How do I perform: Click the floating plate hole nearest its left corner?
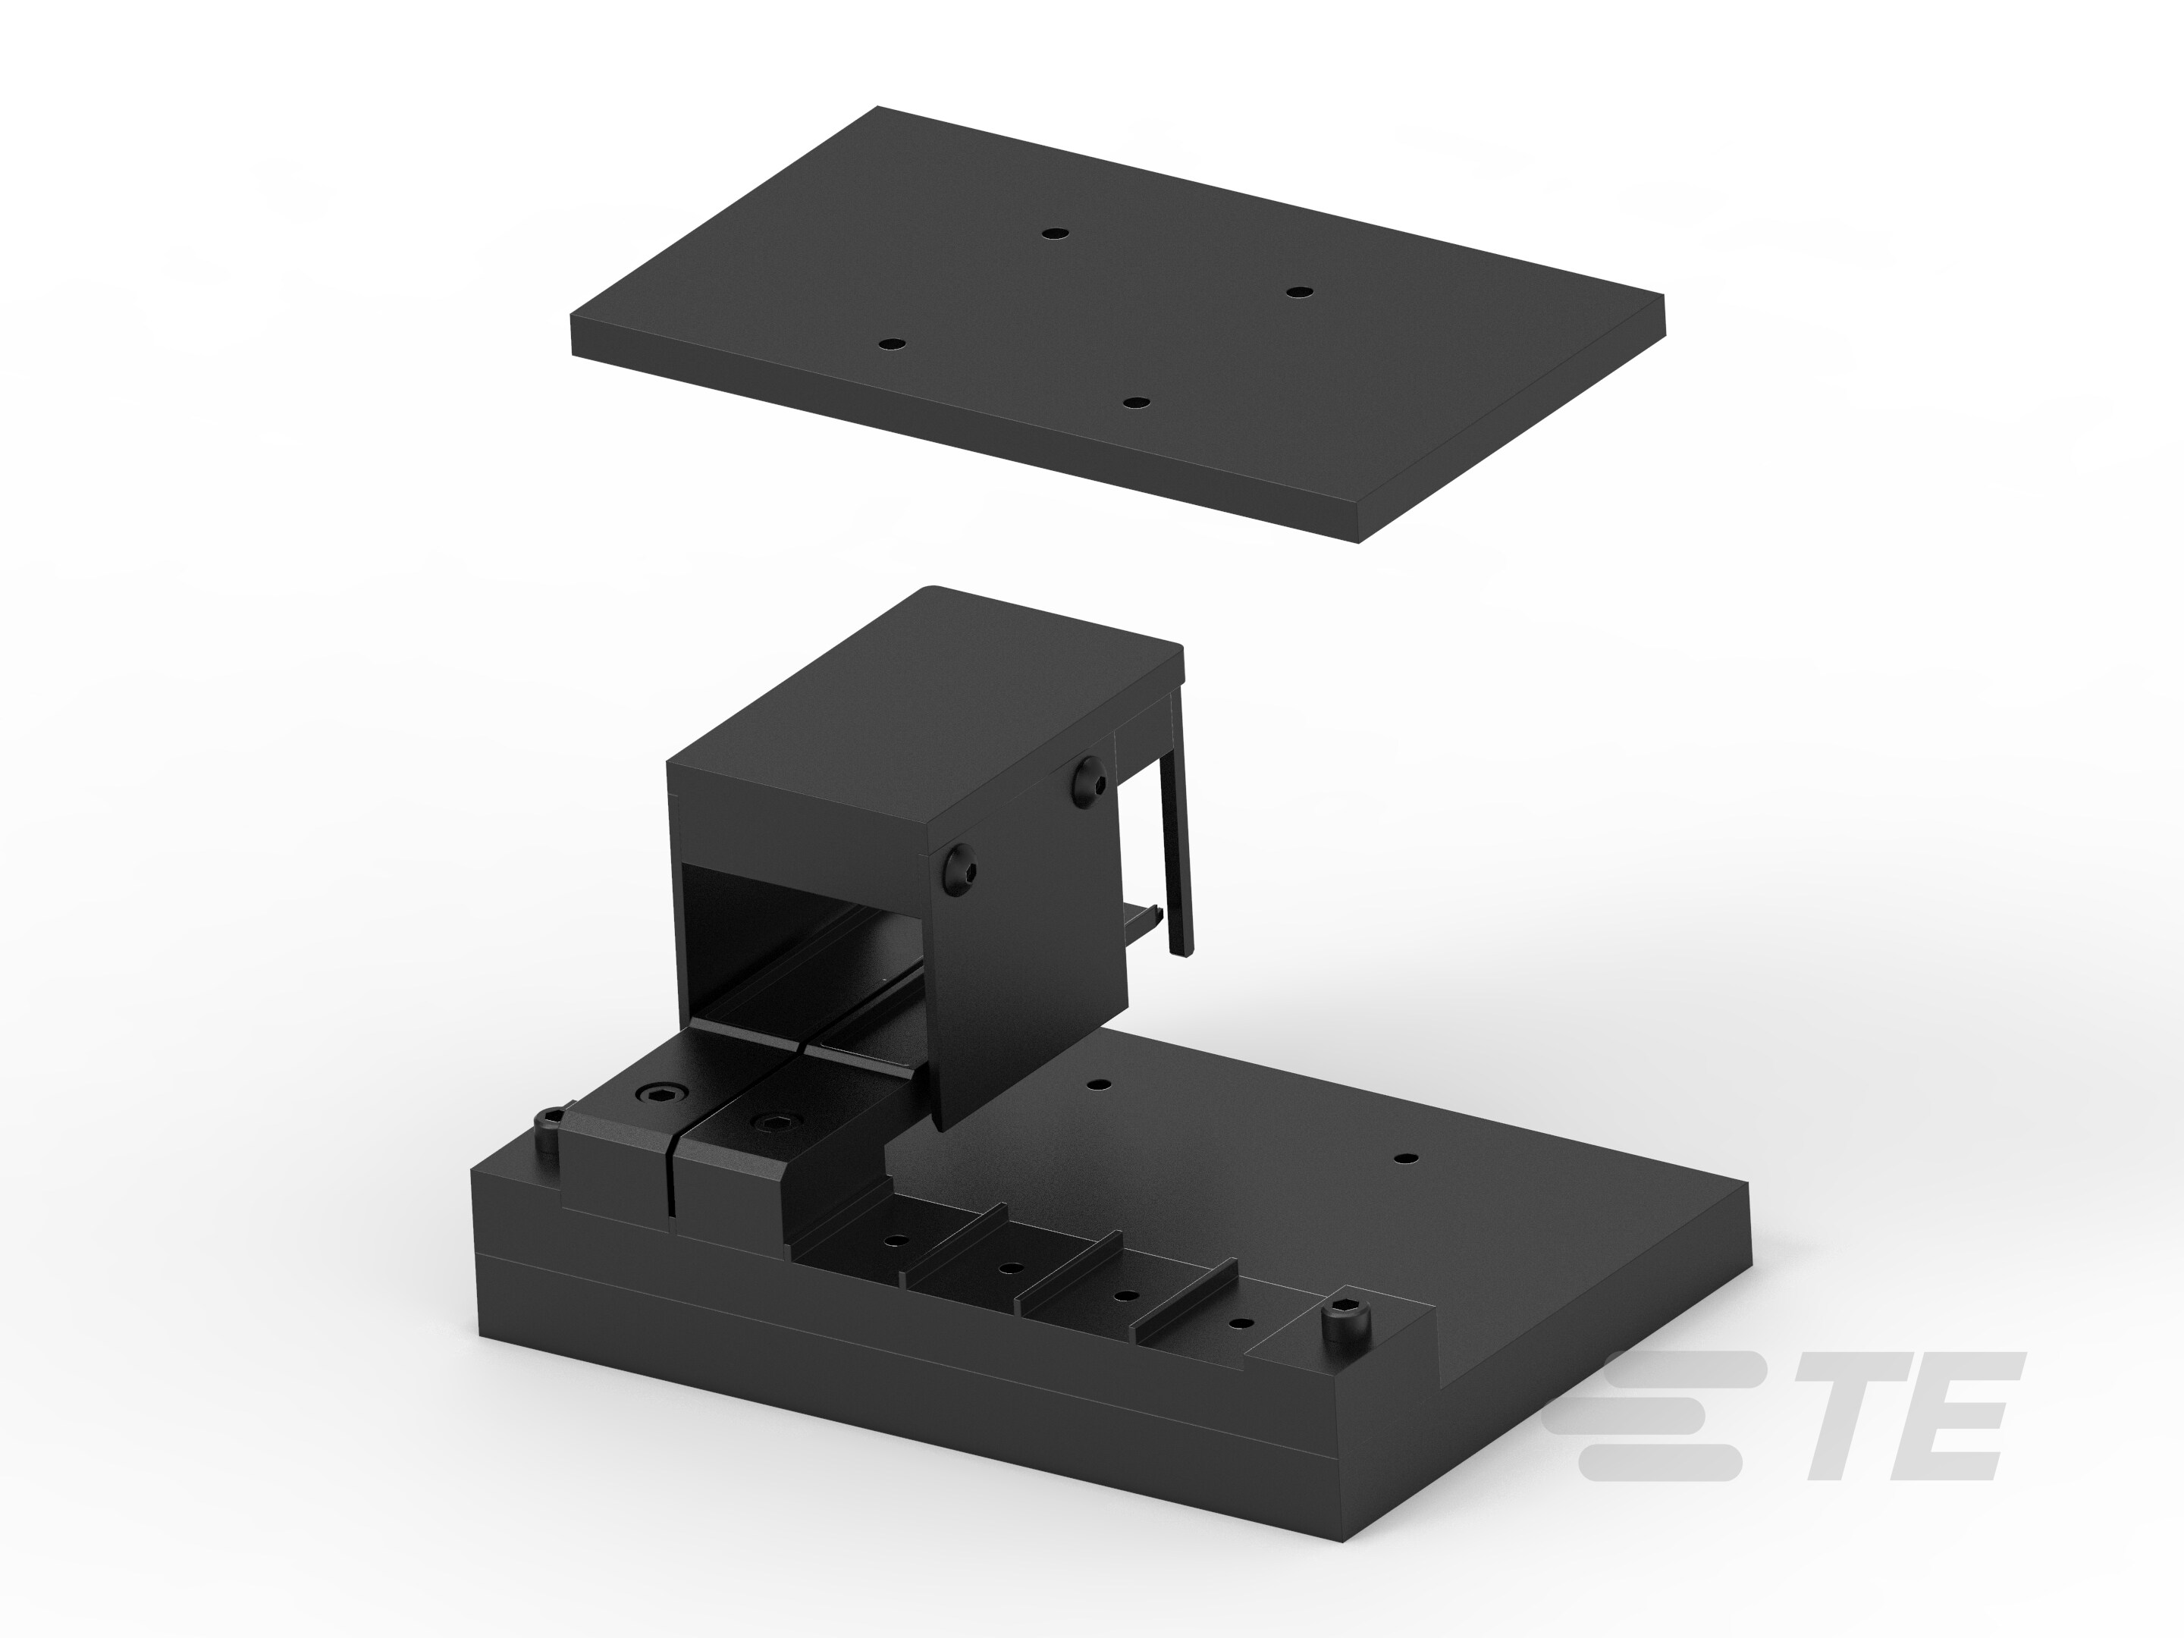[x=892, y=344]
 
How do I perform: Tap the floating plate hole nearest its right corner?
[x=1299, y=291]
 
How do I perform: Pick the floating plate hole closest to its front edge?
[x=1137, y=403]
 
